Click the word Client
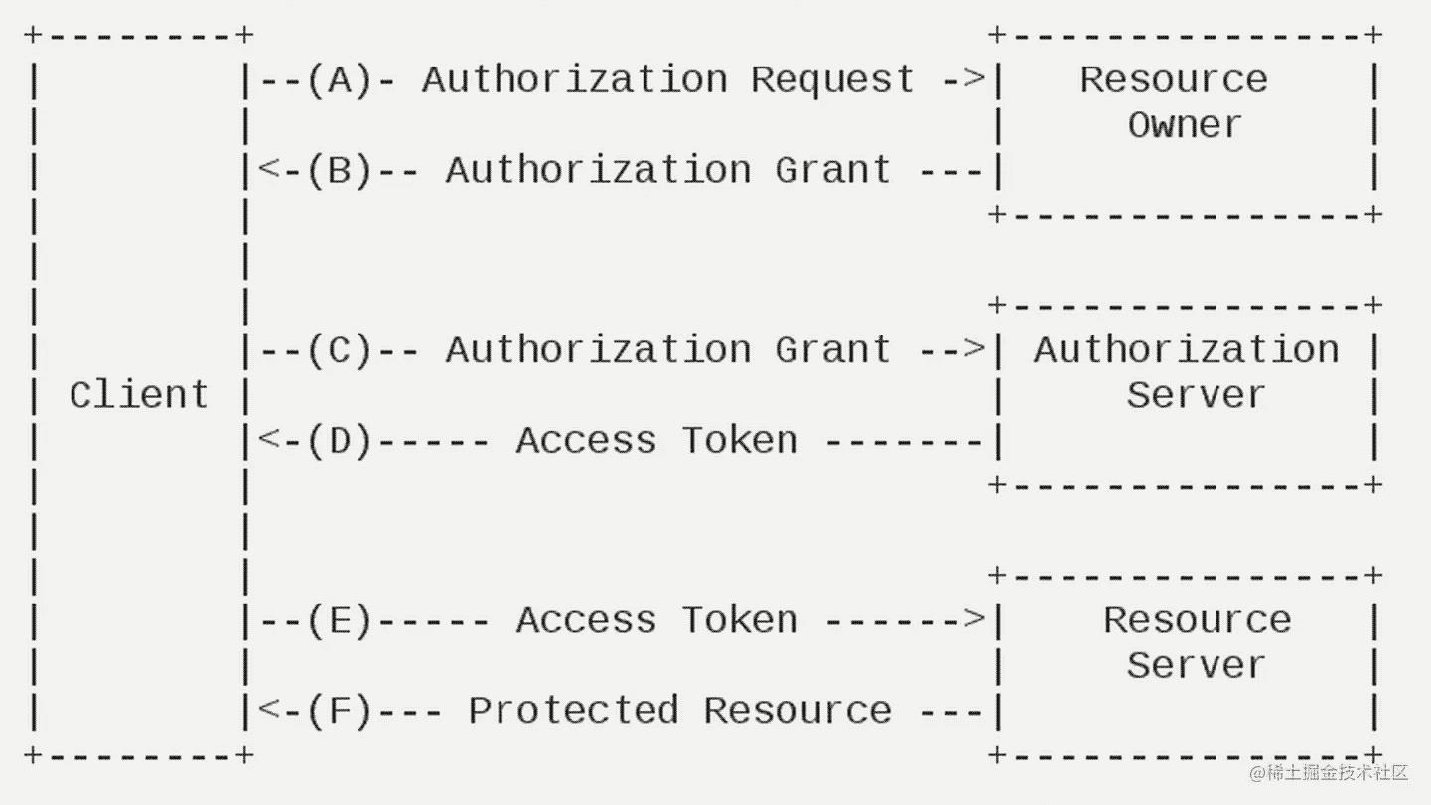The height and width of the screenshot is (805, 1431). point(138,395)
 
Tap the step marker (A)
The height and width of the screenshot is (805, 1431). point(340,79)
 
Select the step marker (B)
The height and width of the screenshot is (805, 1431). point(340,170)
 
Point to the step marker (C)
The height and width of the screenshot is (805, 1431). point(340,349)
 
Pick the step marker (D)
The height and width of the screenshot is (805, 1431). point(340,440)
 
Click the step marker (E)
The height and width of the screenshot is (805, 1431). point(340,620)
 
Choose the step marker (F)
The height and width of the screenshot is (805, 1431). point(340,710)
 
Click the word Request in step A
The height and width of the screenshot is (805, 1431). point(832,79)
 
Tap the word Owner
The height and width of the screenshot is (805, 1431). point(1185,125)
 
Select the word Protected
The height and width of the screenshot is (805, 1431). point(573,710)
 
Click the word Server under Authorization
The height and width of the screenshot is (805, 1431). point(1196,395)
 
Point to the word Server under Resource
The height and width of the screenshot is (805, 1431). point(1196,665)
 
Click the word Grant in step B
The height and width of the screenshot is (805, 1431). point(832,170)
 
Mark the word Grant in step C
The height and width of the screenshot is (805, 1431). point(832,349)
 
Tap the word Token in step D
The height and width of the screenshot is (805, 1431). point(739,440)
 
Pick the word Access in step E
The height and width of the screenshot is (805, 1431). point(586,620)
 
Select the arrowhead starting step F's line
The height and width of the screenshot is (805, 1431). point(267,710)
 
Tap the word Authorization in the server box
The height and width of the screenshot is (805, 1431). point(1186,349)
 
